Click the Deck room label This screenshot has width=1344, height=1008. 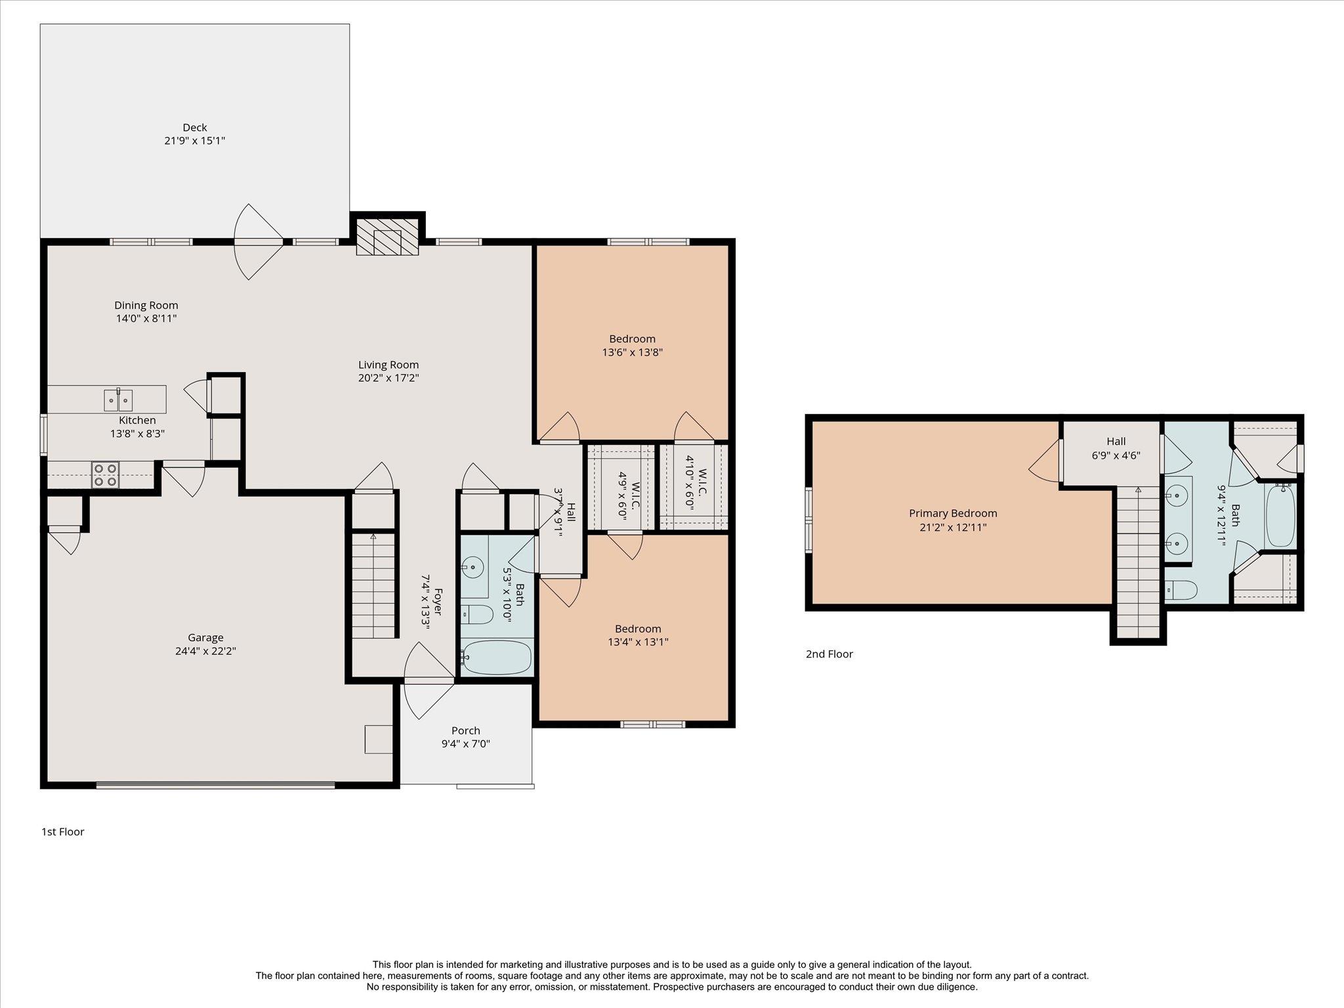195,127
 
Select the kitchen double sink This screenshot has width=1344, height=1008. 118,399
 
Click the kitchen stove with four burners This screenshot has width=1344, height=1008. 105,474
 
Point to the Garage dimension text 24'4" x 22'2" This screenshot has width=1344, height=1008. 206,651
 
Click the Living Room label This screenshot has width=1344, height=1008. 388,365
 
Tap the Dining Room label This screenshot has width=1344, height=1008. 146,305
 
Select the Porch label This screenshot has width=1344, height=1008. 466,730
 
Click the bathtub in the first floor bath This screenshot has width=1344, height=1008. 497,657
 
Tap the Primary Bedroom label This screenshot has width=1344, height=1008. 953,513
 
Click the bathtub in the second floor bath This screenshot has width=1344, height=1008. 1280,515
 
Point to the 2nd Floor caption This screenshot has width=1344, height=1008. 829,654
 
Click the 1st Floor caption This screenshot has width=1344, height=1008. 63,831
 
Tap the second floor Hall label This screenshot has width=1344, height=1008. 1116,442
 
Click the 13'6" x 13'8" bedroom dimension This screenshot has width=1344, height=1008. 632,352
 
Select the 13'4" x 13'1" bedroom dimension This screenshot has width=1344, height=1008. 638,642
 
